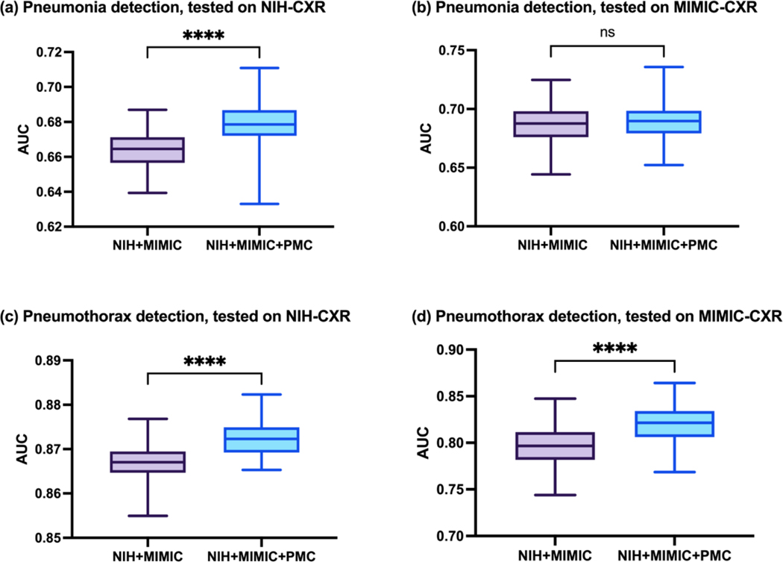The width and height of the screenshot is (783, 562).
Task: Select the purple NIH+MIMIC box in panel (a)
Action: [148, 150]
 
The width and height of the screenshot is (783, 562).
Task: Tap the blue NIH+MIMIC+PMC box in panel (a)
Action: [258, 122]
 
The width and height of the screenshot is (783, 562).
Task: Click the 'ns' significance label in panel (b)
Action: [608, 33]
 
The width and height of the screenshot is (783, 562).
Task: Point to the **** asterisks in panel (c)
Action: [204, 363]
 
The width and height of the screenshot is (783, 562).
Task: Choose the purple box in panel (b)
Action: [551, 124]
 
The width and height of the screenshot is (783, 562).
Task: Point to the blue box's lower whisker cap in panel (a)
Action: [258, 204]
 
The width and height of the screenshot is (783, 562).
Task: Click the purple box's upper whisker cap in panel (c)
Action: [148, 419]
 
